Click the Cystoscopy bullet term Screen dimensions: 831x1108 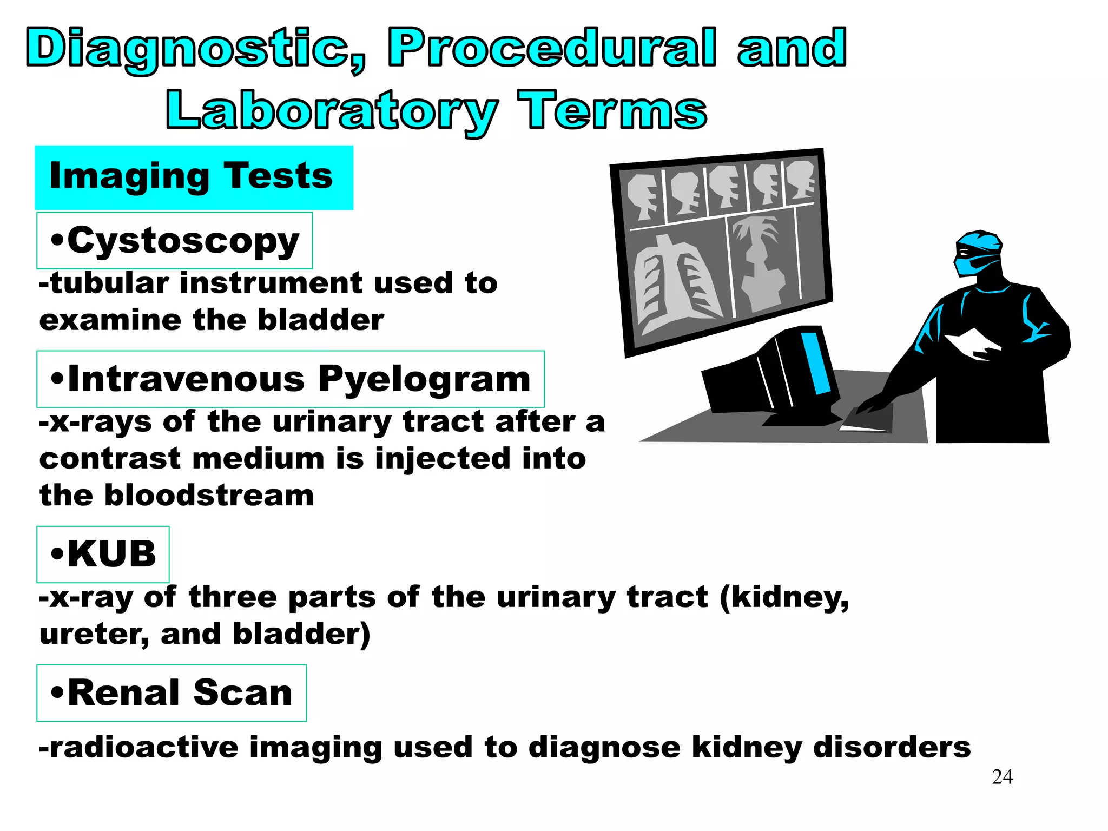click(175, 241)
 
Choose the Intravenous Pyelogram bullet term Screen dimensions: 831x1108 click(291, 379)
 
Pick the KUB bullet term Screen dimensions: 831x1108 click(103, 555)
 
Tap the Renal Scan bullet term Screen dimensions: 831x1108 click(172, 693)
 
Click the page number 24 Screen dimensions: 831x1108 click(1002, 777)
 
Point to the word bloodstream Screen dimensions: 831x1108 click(209, 496)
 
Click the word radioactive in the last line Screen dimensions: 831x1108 click(143, 748)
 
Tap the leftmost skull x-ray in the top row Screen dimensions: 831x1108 click(642, 196)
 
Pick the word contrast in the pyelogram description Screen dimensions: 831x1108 click(110, 459)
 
